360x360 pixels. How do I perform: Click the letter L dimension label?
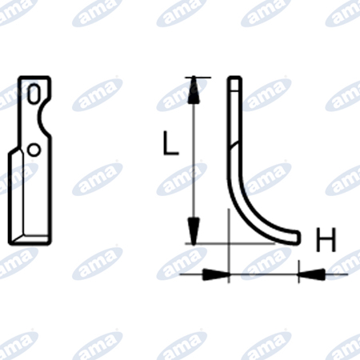pyautogui.click(x=170, y=142)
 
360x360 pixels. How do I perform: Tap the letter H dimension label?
pyautogui.click(x=326, y=239)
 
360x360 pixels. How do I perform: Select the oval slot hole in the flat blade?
pyautogui.click(x=34, y=94)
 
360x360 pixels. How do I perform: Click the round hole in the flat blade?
pyautogui.click(x=34, y=150)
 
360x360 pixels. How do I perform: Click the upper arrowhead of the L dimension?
pyautogui.click(x=194, y=90)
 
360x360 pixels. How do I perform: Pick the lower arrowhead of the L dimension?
pyautogui.click(x=194, y=231)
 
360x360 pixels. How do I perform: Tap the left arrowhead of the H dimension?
pyautogui.click(x=216, y=274)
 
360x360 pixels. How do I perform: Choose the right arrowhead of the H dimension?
pyautogui.click(x=312, y=274)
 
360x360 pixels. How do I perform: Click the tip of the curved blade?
pyautogui.click(x=298, y=238)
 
